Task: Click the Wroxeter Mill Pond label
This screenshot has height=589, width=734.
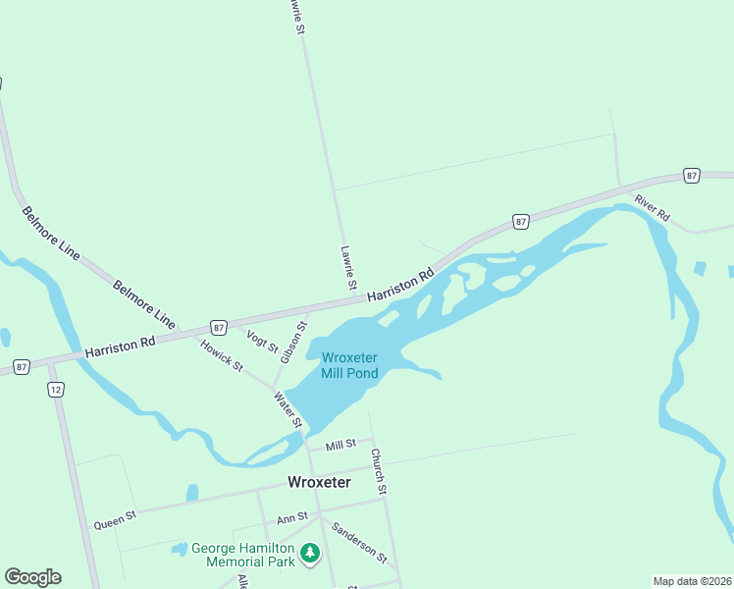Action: (x=349, y=365)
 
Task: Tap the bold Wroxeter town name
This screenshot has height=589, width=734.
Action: (x=319, y=482)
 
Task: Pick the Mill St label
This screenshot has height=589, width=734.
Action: (x=340, y=446)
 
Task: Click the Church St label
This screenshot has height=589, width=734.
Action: (x=380, y=471)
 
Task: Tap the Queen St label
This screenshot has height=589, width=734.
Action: (x=115, y=519)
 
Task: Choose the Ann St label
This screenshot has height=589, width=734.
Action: (x=292, y=516)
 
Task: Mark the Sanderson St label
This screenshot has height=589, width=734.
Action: (x=359, y=542)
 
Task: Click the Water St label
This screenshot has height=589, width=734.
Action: (x=288, y=409)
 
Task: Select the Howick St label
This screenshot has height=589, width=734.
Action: (x=222, y=355)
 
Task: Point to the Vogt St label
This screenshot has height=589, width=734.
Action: (x=262, y=342)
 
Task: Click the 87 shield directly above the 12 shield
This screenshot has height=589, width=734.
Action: (x=22, y=367)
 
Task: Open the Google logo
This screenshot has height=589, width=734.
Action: (x=32, y=577)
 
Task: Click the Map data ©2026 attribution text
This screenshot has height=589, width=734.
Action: (x=692, y=581)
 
